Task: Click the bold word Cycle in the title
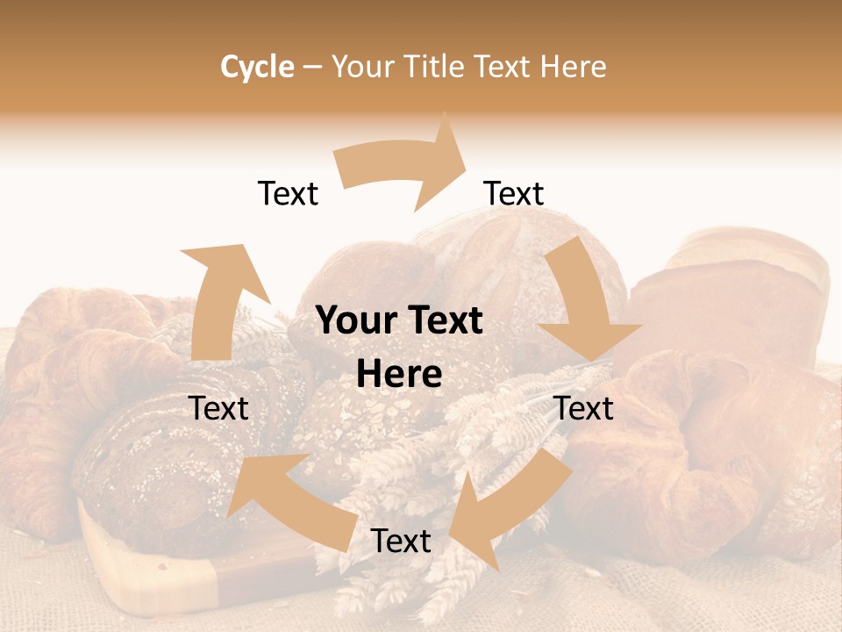coord(257,67)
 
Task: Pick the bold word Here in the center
coord(399,375)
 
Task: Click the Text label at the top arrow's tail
coord(288,193)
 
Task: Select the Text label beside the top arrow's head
coord(514,193)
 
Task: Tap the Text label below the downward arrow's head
coord(584,408)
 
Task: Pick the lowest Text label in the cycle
coord(401,542)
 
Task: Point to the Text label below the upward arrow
coord(219,408)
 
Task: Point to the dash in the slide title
coord(311,67)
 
